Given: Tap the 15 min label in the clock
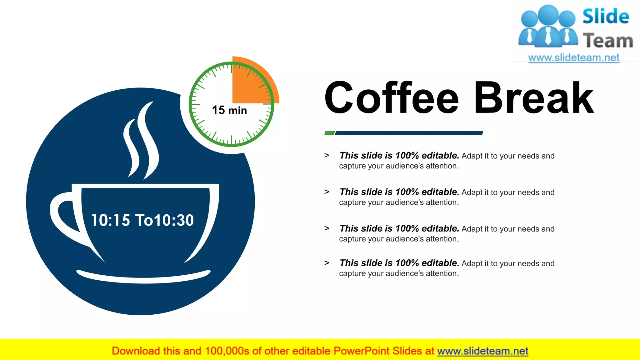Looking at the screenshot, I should [x=229, y=110].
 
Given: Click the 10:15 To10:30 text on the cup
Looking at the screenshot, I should [x=142, y=220].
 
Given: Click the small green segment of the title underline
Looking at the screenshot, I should [x=329, y=133].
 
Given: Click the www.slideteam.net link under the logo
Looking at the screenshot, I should [x=574, y=58].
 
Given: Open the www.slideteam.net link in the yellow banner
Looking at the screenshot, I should [x=482, y=351].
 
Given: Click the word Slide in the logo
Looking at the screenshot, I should [x=606, y=16].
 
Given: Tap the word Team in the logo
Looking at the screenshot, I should [x=608, y=41].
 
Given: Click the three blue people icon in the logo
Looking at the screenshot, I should [x=548, y=27].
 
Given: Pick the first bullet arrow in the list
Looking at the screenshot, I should [x=327, y=155].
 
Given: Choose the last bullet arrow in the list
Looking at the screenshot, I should [x=327, y=263].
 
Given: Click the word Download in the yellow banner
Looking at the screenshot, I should [x=136, y=351].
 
